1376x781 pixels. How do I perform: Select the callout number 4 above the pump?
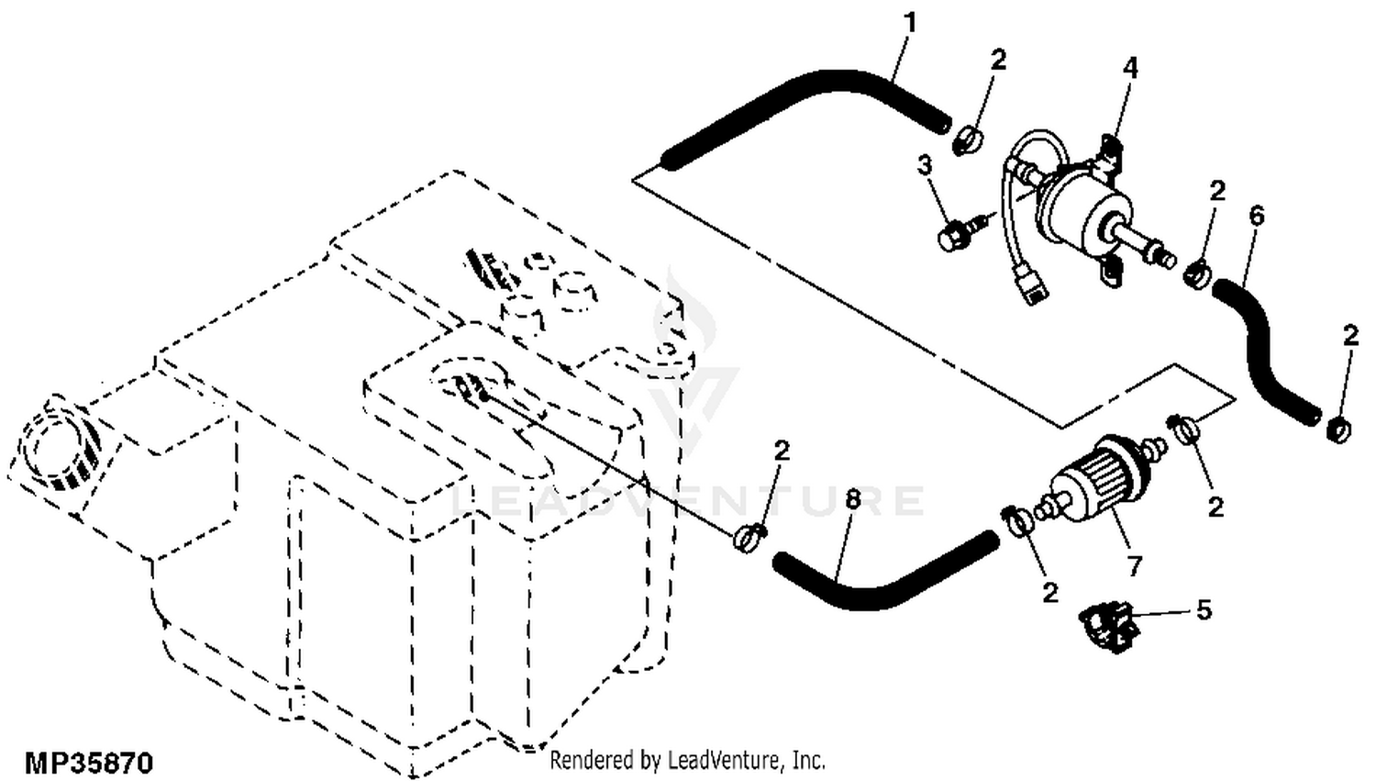pos(1130,68)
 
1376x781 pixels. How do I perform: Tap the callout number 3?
pos(925,165)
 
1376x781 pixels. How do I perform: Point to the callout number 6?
pos(1257,216)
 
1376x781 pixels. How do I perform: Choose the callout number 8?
pos(853,500)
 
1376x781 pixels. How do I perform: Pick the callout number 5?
pos(1203,609)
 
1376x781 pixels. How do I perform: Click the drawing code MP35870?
pos(89,763)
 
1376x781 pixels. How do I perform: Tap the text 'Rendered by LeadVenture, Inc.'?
pos(687,760)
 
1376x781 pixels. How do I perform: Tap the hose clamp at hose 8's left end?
pos(749,537)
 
